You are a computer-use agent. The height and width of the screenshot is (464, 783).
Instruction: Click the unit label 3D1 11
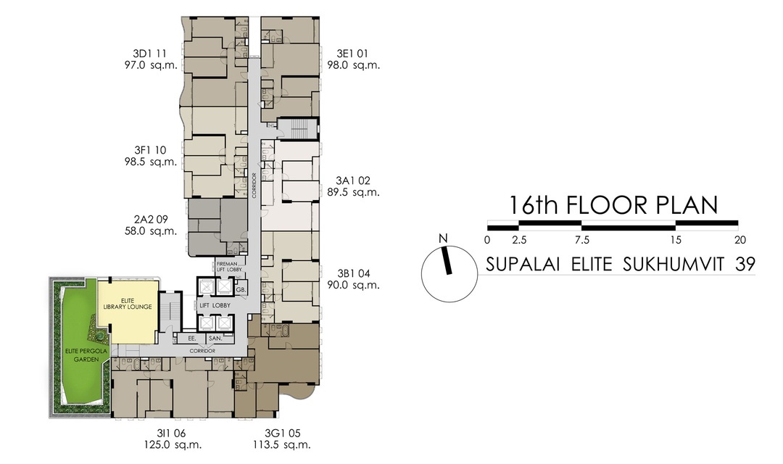point(151,54)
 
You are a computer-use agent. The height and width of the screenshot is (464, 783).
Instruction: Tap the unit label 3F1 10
point(151,150)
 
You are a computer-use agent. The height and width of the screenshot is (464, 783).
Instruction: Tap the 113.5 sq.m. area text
point(282,445)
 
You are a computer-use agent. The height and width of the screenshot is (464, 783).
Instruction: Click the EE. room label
point(192,338)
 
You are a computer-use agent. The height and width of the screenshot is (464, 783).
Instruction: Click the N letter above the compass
point(442,239)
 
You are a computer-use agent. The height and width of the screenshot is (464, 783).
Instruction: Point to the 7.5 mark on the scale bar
point(581,240)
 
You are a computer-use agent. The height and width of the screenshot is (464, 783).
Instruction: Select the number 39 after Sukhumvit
point(745,264)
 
